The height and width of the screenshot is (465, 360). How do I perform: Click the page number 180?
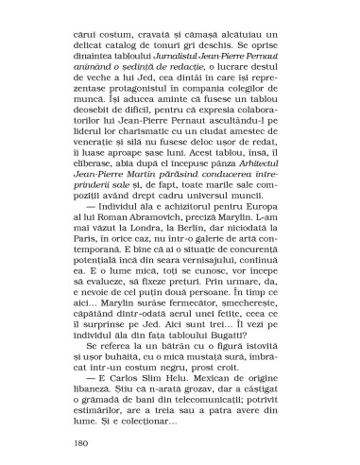pos(80,441)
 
